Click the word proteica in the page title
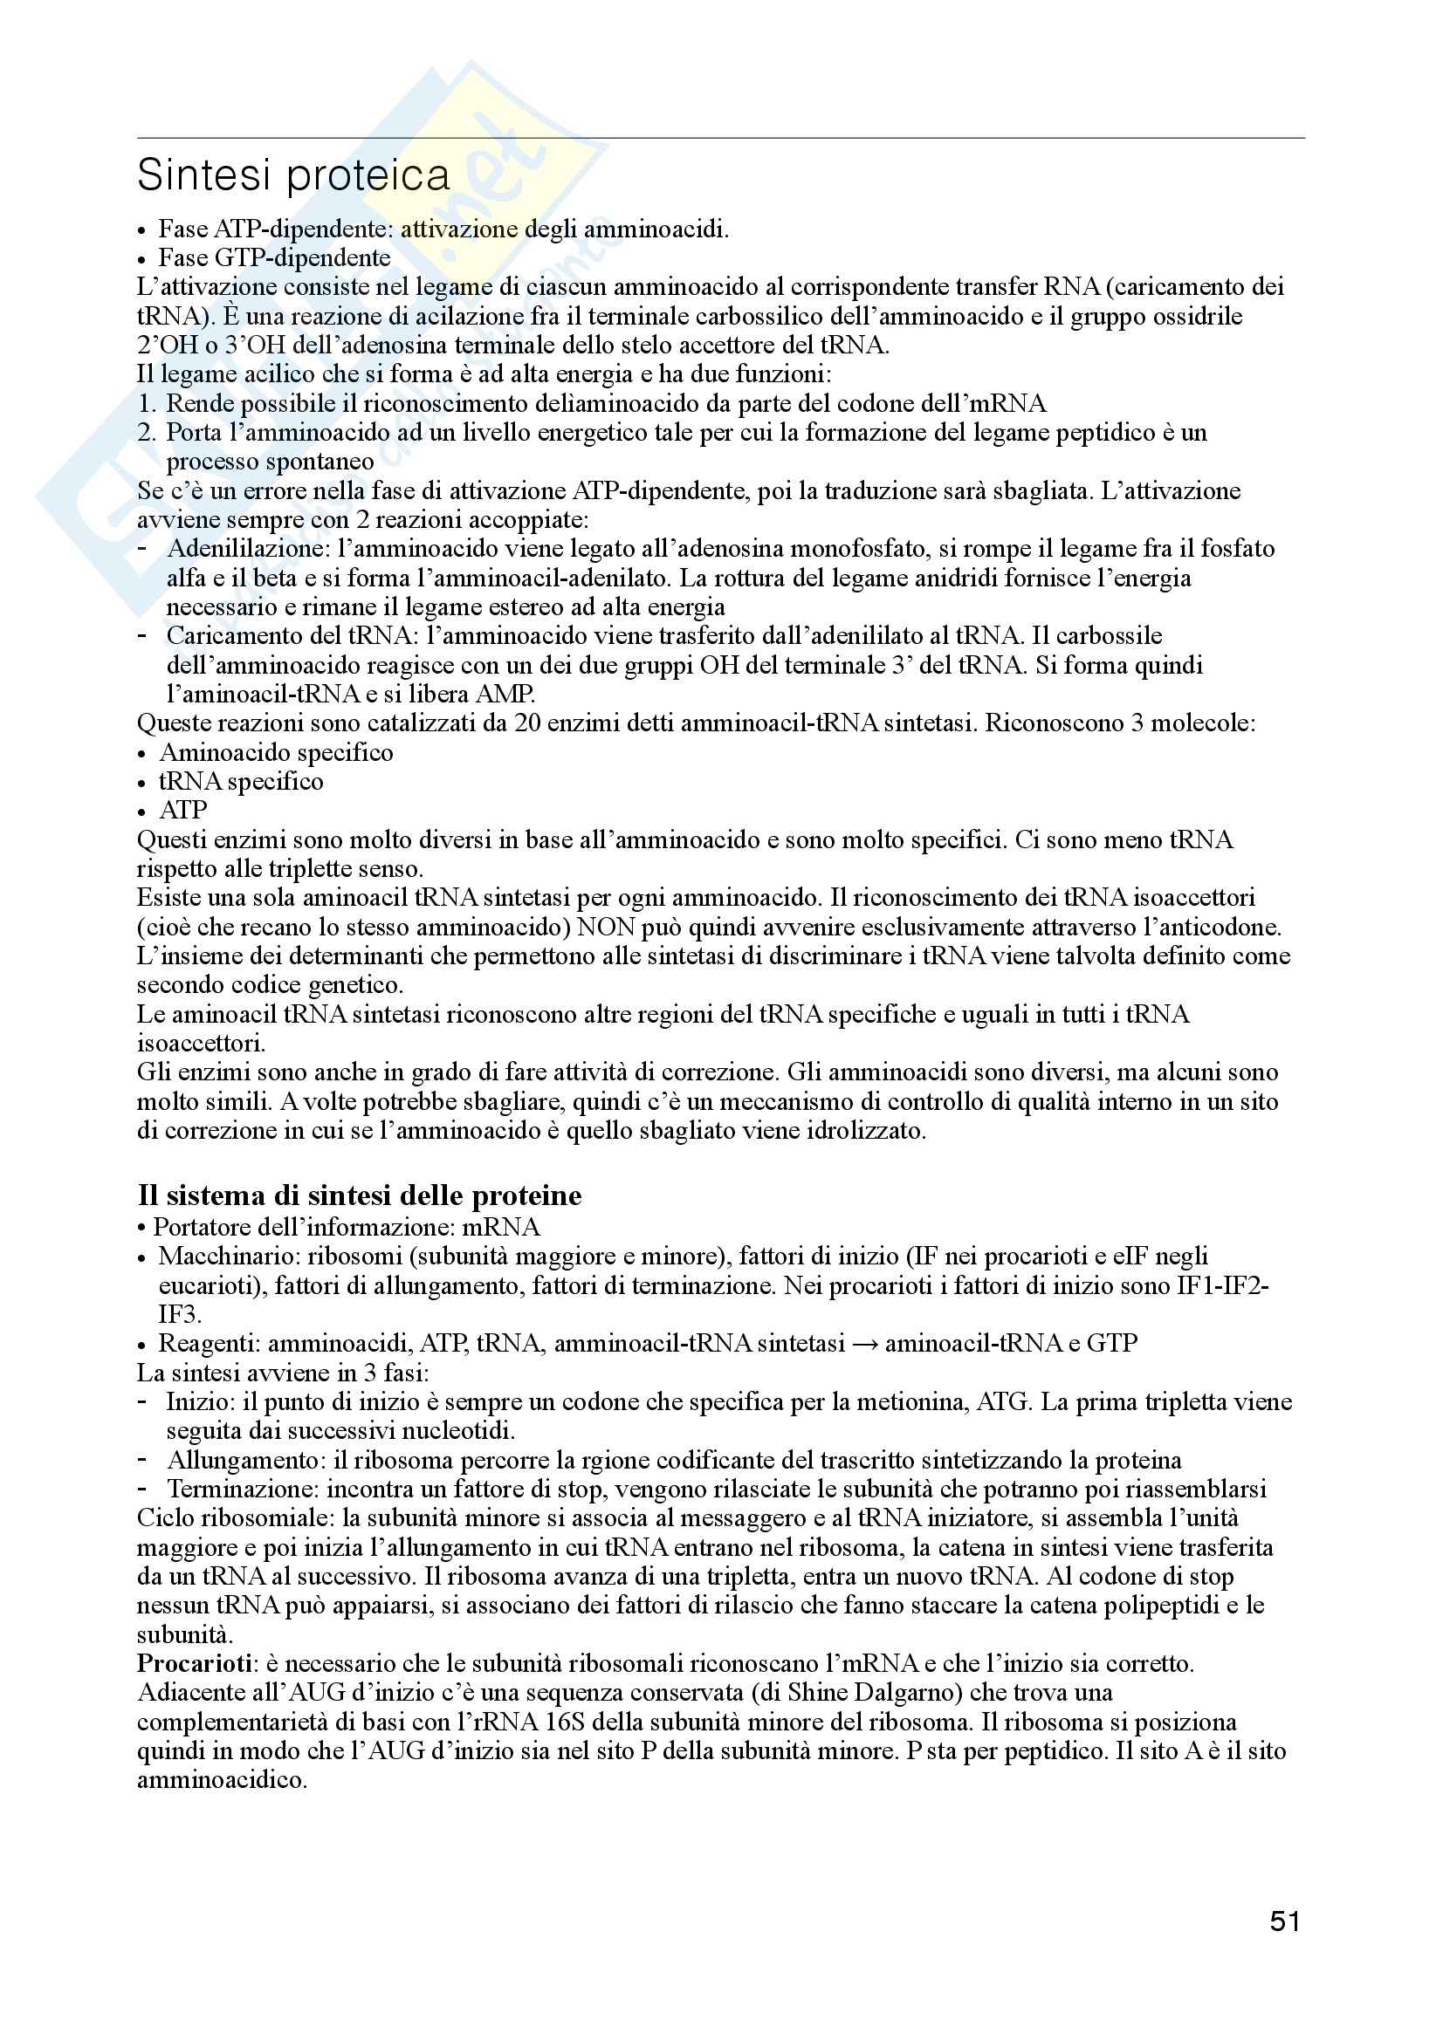[x=368, y=175]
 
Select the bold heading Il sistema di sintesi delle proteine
[x=359, y=1195]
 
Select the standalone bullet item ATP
[x=183, y=811]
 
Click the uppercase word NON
[x=607, y=928]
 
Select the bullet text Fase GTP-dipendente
[x=274, y=257]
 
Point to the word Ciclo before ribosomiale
[x=160, y=1517]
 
